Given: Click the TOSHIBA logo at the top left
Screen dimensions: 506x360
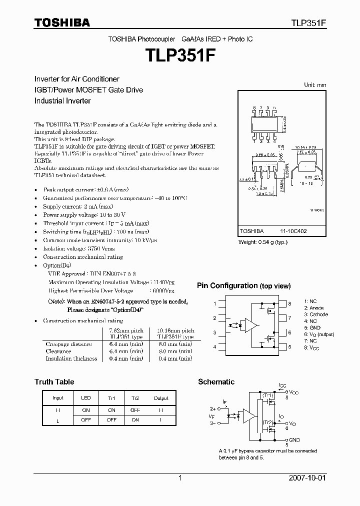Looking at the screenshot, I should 62,22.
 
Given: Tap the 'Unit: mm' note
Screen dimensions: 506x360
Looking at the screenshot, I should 315,85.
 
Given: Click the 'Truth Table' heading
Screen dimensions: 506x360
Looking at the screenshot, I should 54,382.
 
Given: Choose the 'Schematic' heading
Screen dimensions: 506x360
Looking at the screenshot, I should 216,382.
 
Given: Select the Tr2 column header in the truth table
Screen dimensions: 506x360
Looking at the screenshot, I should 135,398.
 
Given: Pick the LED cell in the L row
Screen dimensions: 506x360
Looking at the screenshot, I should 86,420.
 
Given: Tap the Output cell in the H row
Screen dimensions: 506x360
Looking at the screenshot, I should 161,409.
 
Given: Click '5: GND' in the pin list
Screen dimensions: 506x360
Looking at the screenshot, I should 313,327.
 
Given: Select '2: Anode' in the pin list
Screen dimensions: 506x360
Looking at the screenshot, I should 313,308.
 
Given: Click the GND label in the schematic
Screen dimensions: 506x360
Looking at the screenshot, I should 294,440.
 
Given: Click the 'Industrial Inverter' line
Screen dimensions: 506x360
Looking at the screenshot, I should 62,100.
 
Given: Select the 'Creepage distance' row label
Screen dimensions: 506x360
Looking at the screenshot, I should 68,344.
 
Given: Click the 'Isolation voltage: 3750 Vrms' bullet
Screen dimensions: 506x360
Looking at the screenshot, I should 79,248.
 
